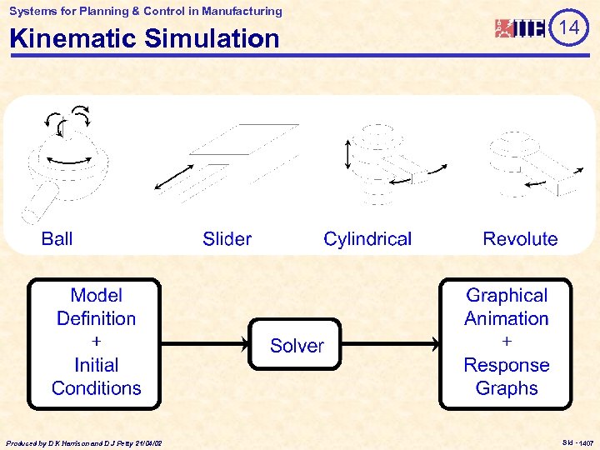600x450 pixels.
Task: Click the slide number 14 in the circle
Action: [569, 28]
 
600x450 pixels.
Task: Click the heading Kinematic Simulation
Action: [144, 38]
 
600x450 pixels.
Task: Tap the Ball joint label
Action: [57, 239]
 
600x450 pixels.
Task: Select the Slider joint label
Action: [227, 239]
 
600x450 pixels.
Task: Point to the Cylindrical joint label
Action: [367, 239]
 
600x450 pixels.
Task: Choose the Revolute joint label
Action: [520, 239]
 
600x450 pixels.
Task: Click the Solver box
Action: [297, 345]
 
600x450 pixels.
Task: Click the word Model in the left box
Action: [96, 296]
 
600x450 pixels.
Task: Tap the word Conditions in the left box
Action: [96, 388]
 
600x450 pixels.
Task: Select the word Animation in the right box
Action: [506, 319]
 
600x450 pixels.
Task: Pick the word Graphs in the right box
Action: [506, 388]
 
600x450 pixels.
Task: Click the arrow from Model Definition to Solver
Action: [204, 342]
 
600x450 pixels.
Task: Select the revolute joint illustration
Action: [525, 162]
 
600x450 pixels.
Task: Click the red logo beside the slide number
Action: [521, 28]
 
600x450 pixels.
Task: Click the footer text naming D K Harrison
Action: [83, 442]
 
